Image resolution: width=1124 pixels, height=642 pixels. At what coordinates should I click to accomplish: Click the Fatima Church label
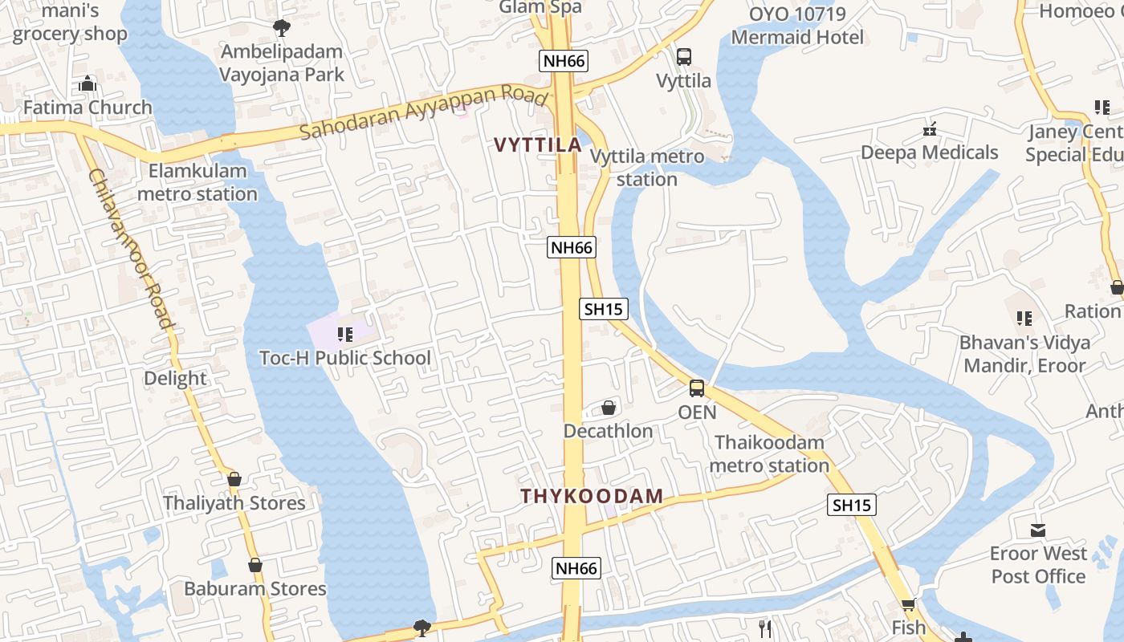click(88, 108)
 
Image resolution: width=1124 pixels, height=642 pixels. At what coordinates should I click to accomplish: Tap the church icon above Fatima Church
click(88, 83)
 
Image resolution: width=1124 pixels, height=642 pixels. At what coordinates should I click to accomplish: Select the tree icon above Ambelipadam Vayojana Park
click(282, 28)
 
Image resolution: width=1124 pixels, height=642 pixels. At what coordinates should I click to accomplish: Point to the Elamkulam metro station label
click(198, 182)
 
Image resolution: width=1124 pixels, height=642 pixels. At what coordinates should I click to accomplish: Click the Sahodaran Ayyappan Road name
click(426, 112)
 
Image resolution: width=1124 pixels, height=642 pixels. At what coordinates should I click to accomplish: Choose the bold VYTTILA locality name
click(537, 145)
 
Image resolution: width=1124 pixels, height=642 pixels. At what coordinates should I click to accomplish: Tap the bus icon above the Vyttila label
click(684, 57)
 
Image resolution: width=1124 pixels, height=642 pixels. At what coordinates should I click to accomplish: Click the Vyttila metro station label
click(647, 168)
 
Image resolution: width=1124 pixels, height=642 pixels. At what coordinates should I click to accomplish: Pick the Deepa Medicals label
click(930, 152)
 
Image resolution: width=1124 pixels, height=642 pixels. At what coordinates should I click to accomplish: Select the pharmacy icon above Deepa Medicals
click(931, 128)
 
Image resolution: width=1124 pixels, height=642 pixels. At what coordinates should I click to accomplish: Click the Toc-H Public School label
click(345, 358)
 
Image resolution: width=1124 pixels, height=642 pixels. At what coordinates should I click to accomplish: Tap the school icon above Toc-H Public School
click(345, 335)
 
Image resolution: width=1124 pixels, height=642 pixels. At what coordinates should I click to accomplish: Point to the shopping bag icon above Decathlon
click(609, 408)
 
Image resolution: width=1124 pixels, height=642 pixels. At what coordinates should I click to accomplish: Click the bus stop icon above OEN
click(697, 389)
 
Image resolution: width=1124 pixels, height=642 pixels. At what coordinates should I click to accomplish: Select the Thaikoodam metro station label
click(770, 454)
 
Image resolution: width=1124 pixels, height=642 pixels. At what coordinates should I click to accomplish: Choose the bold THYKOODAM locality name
click(593, 496)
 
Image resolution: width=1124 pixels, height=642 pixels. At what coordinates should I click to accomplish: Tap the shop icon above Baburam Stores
click(255, 565)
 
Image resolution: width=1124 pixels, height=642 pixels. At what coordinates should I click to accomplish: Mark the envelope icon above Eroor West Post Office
click(1038, 530)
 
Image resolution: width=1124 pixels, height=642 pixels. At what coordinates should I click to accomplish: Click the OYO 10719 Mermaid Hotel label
click(797, 26)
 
